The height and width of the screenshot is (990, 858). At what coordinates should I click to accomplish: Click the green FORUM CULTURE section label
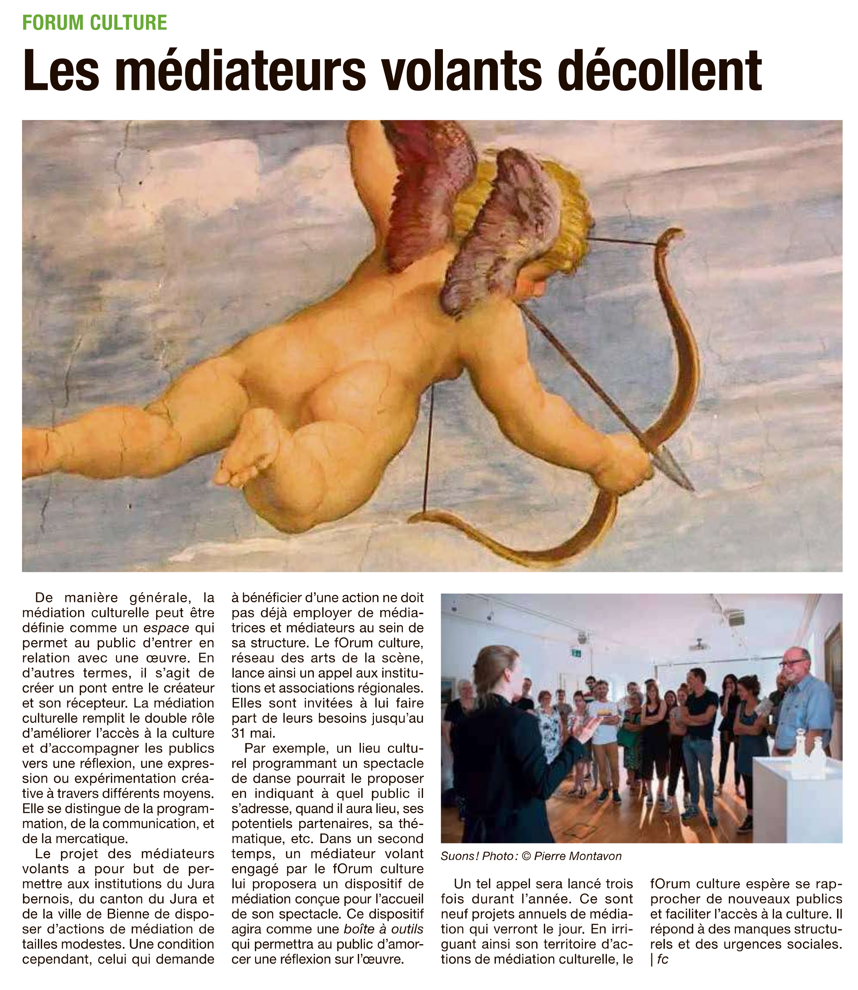click(94, 22)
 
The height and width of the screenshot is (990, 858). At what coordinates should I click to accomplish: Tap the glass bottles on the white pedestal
click(809, 754)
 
